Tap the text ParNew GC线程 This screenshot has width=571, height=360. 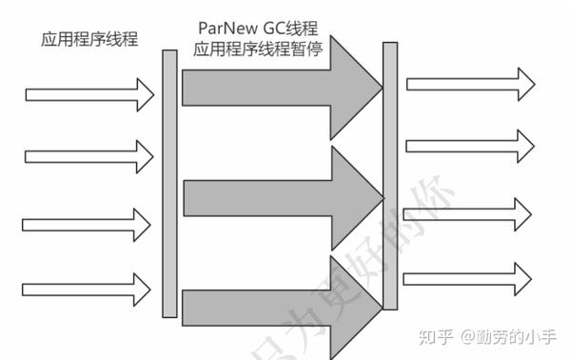pos(260,29)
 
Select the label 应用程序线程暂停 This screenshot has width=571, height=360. pos(260,50)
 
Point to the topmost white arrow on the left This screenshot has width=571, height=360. pos(89,94)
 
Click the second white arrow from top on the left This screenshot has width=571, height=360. pos(89,156)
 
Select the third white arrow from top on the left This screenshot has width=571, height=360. pos(89,225)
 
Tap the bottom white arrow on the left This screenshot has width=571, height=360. pos(89,286)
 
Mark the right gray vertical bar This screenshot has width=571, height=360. pos(389,175)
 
